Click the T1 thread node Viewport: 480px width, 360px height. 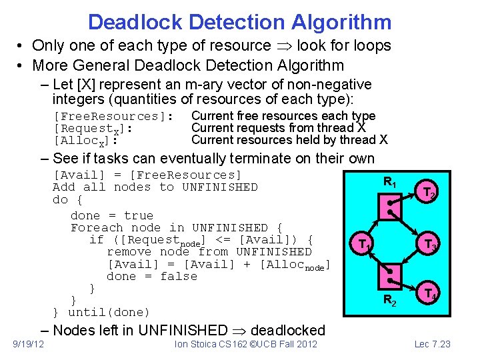[x=363, y=245]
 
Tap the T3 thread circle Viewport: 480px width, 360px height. [x=427, y=245]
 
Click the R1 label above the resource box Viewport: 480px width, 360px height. [x=391, y=181]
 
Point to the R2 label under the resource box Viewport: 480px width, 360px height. [x=391, y=302]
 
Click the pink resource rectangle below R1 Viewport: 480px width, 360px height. [x=392, y=206]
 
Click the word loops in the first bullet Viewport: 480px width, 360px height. [x=368, y=46]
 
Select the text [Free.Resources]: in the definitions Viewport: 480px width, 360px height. [x=113, y=116]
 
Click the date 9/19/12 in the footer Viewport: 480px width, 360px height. [x=29, y=344]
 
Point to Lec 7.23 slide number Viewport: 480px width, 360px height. [x=433, y=344]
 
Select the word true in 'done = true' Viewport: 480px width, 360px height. [x=139, y=215]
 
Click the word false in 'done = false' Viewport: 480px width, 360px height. [x=179, y=276]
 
